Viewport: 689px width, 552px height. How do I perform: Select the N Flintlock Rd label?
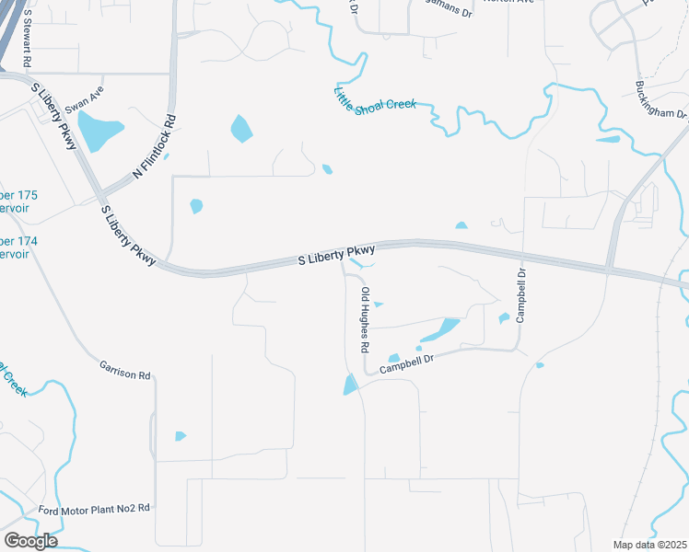(x=154, y=146)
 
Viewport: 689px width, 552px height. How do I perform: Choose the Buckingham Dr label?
(x=661, y=100)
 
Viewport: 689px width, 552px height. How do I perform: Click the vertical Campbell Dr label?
(x=520, y=295)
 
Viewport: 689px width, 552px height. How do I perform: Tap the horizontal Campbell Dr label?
(x=405, y=363)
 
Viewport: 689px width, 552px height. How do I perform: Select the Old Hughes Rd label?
(x=365, y=320)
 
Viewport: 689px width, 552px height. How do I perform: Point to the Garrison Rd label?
(x=124, y=370)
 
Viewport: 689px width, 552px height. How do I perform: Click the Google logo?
(x=30, y=540)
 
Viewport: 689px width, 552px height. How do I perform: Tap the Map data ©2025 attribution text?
(x=649, y=545)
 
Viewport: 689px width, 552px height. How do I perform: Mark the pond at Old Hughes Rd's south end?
(x=350, y=385)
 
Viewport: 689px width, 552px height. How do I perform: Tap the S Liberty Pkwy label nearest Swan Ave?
(x=54, y=108)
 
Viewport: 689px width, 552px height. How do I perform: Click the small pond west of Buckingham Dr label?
(x=608, y=140)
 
